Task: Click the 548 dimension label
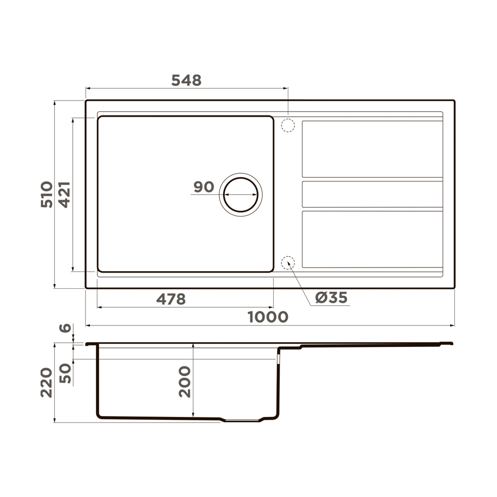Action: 186,81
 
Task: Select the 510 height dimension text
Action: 47,194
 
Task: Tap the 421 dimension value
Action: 65,194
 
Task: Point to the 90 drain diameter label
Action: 203,187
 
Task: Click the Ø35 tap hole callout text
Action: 331,298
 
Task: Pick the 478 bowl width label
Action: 171,299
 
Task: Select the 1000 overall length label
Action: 268,317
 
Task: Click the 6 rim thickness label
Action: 65,328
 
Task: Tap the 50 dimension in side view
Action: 65,373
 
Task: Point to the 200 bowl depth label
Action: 185,381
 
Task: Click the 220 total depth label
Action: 47,382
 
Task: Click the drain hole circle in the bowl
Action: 240,194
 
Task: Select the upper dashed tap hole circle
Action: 288,125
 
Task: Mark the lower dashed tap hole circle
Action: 288,263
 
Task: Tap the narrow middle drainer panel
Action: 372,194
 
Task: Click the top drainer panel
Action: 372,149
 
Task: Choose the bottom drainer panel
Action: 372,239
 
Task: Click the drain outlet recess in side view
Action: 243,420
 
